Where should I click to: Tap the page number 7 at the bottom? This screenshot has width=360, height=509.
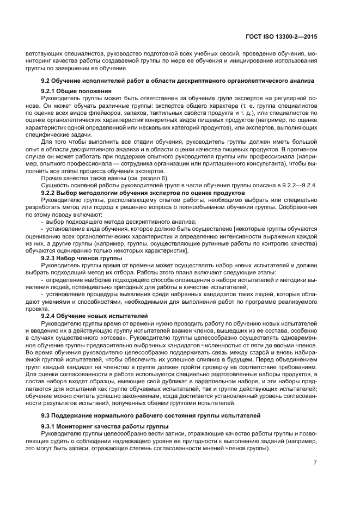tap(315, 463)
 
